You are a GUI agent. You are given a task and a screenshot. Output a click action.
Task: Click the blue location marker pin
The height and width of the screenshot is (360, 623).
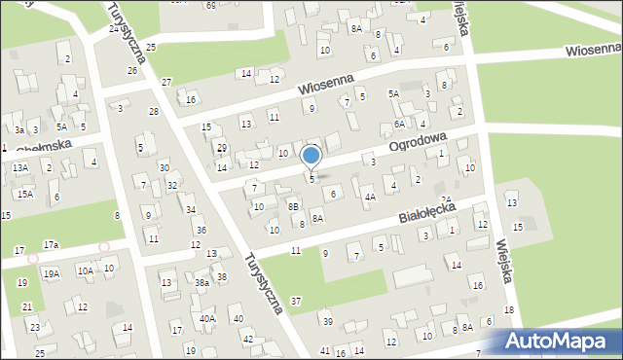tap(311, 157)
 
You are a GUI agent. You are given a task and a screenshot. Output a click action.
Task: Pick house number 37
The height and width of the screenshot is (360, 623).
tap(296, 301)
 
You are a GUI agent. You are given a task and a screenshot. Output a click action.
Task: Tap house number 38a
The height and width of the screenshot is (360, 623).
tap(202, 282)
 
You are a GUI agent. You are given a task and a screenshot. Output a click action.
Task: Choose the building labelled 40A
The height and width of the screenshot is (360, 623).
tap(207, 318)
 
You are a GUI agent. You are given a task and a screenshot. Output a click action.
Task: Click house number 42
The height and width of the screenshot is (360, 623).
tap(248, 339)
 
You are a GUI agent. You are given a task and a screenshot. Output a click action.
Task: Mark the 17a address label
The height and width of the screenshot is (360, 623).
tap(51, 244)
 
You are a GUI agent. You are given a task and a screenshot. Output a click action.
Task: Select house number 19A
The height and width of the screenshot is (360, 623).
tap(51, 274)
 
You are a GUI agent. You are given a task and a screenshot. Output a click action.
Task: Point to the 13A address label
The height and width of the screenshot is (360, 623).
tap(20, 167)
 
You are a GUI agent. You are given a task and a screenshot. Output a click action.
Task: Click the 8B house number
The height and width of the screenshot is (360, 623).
tap(293, 206)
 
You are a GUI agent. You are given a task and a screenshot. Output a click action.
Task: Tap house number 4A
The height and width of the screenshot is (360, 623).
tap(370, 197)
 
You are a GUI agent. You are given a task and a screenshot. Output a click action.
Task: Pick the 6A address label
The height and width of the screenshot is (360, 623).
tap(399, 125)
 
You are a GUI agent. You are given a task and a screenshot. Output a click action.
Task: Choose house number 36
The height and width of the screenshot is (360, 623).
tap(201, 230)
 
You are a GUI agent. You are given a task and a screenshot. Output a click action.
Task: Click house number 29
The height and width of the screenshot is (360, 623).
tap(222, 148)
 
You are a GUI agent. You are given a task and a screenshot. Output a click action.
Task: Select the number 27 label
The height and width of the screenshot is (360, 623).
tap(166, 82)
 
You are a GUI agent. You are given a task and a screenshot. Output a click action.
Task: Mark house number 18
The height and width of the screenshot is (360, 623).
tap(508, 309)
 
